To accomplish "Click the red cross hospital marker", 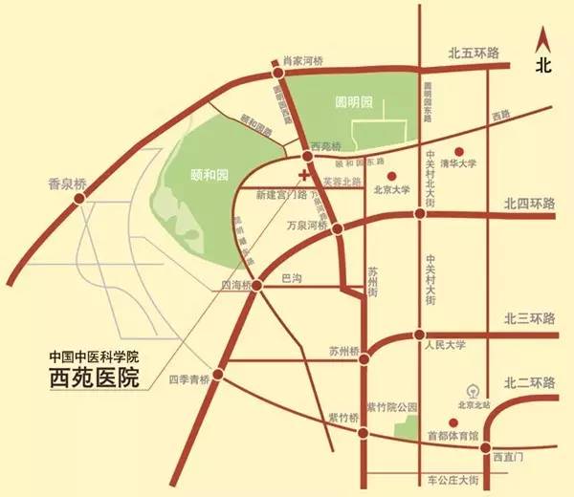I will tap(304, 175).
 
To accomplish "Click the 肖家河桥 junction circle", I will tap(277, 72).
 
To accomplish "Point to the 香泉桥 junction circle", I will tap(80, 198).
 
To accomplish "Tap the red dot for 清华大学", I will tap(459, 151).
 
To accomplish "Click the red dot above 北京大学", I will tap(392, 176).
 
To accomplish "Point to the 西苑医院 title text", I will tap(94, 378).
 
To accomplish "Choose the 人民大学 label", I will tap(443, 346).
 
